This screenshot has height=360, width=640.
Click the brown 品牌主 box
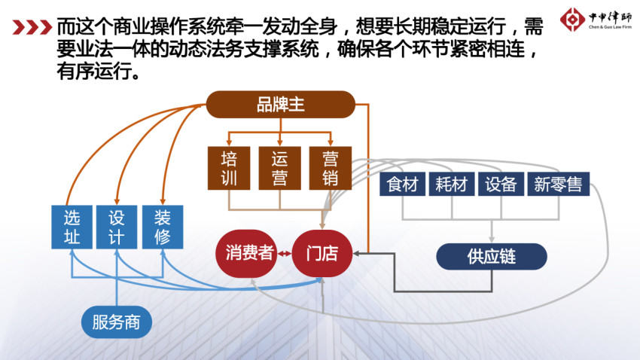coord(280,105)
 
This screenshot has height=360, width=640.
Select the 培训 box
coord(229,168)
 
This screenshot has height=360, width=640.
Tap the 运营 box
coord(279,168)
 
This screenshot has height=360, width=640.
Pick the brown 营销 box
coord(331,168)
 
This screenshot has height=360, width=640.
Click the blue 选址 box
coord(72,227)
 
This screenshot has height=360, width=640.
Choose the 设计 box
coord(117,227)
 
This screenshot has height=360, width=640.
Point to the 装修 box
coord(163,227)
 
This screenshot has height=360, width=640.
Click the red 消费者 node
coord(246,254)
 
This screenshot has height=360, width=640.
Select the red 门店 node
coord(322,254)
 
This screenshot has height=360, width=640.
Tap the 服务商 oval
coord(116,322)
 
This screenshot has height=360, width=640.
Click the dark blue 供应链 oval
coord(492,256)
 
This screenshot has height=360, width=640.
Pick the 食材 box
coord(403,184)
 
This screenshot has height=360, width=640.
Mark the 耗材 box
coord(452,184)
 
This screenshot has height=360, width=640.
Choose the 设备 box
coord(501,184)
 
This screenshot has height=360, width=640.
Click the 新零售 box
coord(559,184)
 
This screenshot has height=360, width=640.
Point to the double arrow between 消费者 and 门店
coord(285,254)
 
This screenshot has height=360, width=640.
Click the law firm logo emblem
coord(572,19)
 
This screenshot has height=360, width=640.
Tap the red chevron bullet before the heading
coord(32,27)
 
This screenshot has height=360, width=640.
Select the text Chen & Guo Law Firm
coord(610,27)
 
